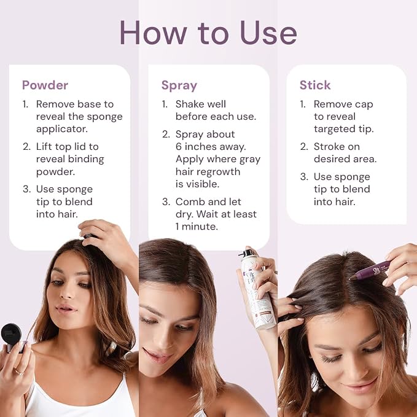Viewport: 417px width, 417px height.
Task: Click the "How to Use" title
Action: (x=208, y=33)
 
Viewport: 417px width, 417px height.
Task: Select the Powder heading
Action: (x=45, y=85)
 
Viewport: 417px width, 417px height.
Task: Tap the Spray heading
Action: (x=179, y=86)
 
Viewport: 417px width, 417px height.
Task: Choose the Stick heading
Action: (x=315, y=85)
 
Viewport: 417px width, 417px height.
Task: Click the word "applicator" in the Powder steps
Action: (x=61, y=129)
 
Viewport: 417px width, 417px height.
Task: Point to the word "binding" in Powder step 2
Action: (x=86, y=159)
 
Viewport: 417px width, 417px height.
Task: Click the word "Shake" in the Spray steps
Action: (x=189, y=104)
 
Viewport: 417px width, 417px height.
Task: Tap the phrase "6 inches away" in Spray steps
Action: (x=211, y=147)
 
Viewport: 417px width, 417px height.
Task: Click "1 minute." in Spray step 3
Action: (x=197, y=227)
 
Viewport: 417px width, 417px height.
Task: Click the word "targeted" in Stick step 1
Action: (x=334, y=129)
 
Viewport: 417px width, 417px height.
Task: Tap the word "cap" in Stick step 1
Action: (x=364, y=104)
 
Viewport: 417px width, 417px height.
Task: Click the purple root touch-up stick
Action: (x=370, y=271)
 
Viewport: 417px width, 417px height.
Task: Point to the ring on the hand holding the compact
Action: (x=19, y=372)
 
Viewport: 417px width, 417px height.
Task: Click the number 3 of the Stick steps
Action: (x=303, y=177)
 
